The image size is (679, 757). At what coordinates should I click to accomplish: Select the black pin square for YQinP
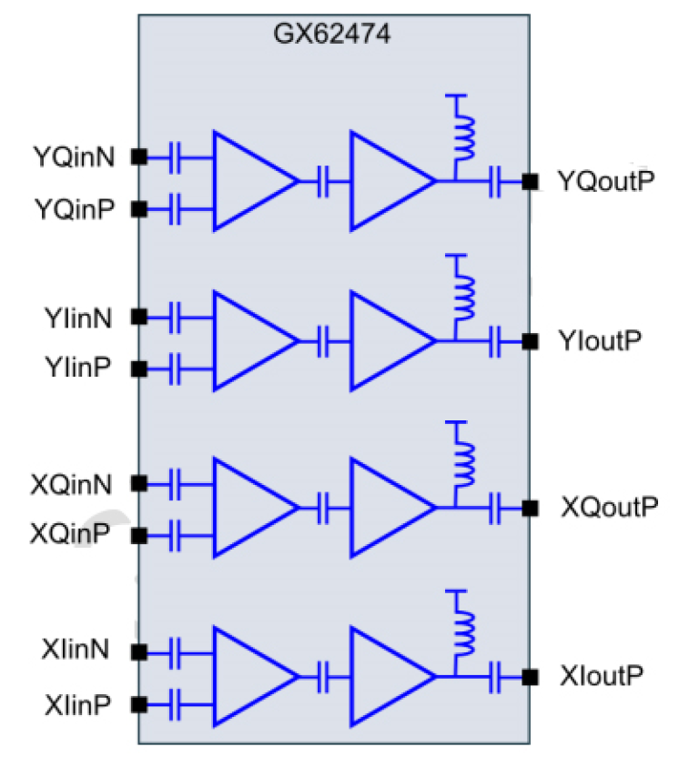click(x=138, y=210)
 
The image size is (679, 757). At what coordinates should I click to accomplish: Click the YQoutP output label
click(x=606, y=182)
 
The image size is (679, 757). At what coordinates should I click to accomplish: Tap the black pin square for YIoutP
click(x=529, y=341)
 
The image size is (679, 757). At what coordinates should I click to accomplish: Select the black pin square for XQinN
click(x=138, y=482)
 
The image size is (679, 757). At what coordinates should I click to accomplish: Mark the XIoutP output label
click(x=603, y=676)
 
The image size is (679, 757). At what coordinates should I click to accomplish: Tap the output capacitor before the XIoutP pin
click(x=497, y=676)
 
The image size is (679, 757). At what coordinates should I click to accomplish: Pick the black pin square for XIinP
click(x=138, y=704)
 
